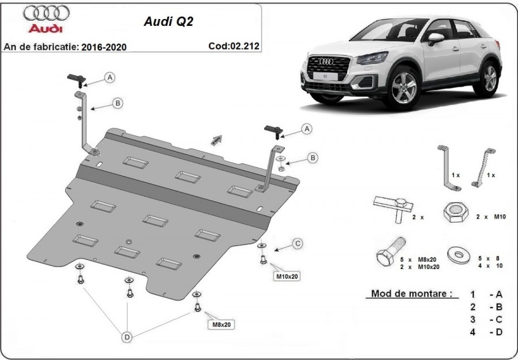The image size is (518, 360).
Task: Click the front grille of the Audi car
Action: pos(325,71)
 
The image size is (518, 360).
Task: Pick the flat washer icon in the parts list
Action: pos(459,255)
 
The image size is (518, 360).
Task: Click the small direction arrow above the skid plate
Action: pos(216,139)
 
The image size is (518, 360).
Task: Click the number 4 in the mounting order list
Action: pos(472,331)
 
